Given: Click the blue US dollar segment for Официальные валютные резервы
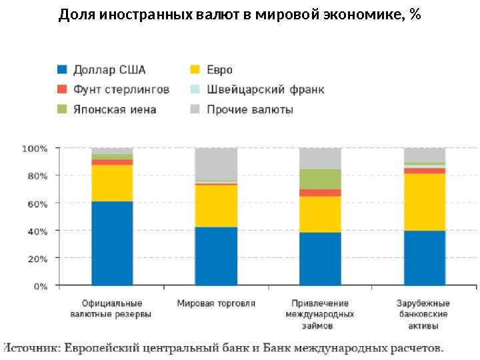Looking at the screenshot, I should [x=112, y=243].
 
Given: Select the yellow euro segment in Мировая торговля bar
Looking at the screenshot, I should [x=216, y=205].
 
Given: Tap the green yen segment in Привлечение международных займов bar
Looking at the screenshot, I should [x=320, y=179].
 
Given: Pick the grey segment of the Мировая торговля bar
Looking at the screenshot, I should [x=216, y=164].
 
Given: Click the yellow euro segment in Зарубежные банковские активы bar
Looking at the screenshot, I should [x=425, y=201].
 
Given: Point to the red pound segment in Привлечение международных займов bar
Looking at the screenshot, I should [x=320, y=193].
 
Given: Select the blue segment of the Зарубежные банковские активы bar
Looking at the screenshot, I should [x=425, y=257].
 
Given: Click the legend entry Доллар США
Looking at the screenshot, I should [x=109, y=69].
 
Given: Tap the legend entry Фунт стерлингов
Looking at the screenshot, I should [x=121, y=89].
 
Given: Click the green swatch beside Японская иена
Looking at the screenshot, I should [x=62, y=109].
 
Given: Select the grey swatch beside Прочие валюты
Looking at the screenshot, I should [x=195, y=109].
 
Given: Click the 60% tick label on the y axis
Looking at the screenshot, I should [x=37, y=203].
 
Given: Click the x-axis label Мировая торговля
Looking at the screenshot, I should [x=216, y=303].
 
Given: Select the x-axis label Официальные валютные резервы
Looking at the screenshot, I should [x=111, y=309].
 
